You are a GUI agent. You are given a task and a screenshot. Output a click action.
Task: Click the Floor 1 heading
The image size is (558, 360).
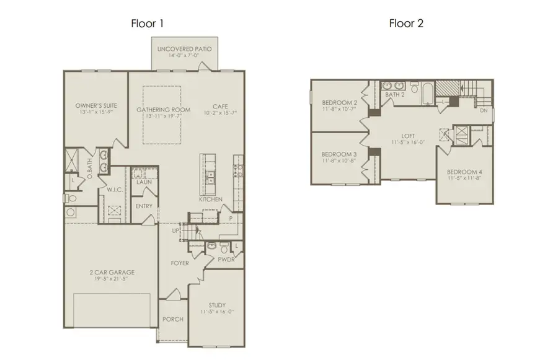tap(147, 24)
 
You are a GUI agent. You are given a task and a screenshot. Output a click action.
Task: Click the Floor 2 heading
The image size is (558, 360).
tap(406, 24)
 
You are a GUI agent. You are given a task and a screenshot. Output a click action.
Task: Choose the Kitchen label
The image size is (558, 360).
tap(210, 200)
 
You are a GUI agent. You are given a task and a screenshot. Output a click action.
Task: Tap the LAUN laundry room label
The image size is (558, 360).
tap(144, 182)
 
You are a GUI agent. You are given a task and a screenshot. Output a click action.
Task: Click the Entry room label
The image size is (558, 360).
tap(144, 206)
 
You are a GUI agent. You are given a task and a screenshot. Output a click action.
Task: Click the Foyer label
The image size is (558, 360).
tap(180, 263)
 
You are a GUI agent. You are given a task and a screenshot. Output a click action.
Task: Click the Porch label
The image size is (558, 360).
tap(173, 320)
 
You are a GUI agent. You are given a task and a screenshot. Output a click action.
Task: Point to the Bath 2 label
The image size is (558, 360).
tap(395, 95)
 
